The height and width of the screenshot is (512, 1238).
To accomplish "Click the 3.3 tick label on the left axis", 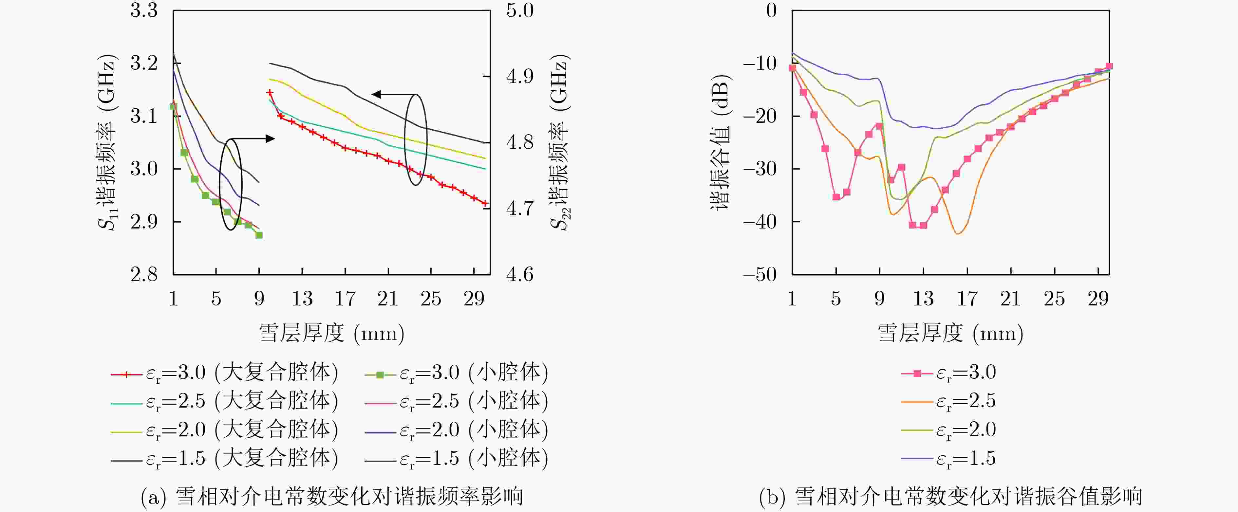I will click(x=144, y=10).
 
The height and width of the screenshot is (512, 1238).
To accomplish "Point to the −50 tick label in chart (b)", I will click(x=759, y=275).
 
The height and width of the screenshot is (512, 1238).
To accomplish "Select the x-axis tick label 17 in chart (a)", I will click(x=345, y=299).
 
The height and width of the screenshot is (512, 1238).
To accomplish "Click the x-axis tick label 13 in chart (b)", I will click(x=923, y=299).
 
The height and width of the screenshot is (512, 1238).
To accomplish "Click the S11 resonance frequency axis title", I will click(x=107, y=143).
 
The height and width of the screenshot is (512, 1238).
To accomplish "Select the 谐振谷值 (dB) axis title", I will click(x=720, y=143).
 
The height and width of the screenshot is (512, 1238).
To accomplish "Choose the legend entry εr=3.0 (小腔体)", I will click(x=457, y=373).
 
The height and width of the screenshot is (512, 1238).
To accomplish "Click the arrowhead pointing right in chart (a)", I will click(x=271, y=139).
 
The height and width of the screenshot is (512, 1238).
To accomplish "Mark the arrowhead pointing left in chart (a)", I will click(x=376, y=94).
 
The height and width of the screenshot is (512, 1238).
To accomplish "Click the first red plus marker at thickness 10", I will click(x=270, y=93).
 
